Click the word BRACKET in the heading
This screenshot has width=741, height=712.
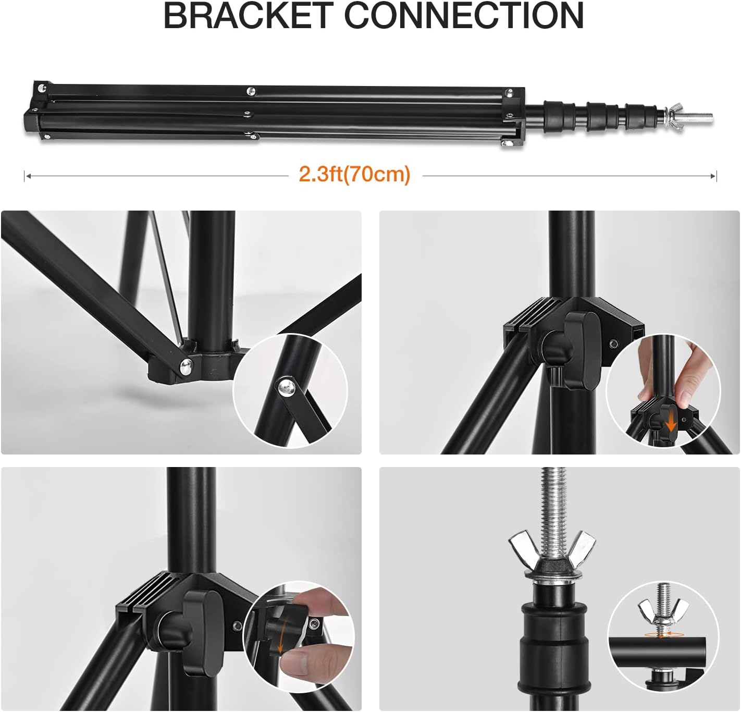248,16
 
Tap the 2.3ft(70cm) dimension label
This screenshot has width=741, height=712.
354,174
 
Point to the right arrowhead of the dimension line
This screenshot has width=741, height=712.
713,176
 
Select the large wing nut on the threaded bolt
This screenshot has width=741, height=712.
553,550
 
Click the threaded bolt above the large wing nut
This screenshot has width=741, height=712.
552,500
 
